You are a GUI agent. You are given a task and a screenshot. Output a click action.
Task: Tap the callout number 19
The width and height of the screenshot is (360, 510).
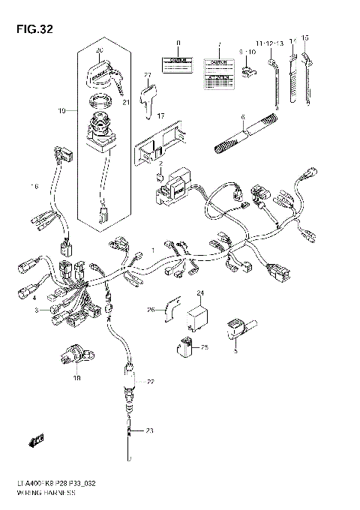click(x=62, y=111)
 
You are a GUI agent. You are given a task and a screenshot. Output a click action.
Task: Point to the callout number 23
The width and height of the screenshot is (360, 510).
click(x=148, y=430)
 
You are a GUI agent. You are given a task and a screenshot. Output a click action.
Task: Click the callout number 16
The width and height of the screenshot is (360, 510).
click(x=33, y=185)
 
